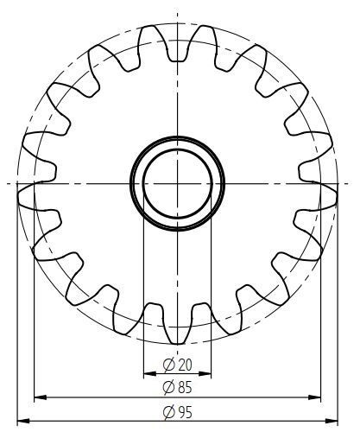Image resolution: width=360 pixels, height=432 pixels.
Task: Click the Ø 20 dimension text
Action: pyautogui.click(x=177, y=365)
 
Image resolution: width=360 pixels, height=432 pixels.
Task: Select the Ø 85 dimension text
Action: pyautogui.click(x=177, y=387)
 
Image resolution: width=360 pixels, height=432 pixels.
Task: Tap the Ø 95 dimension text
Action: pyautogui.click(x=177, y=412)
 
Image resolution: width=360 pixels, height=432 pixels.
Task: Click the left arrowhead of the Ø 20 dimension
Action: pyautogui.click(x=149, y=374)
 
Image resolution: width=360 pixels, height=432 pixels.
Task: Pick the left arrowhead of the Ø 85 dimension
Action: pyautogui.click(x=41, y=397)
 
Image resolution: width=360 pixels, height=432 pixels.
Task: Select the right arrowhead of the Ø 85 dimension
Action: pyautogui.click(x=314, y=397)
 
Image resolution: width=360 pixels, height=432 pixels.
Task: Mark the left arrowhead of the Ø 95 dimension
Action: pyautogui.click(x=23, y=421)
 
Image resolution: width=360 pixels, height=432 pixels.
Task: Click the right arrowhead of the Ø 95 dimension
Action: pyautogui.click(x=332, y=421)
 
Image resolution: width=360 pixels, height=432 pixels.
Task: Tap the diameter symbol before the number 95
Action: pyautogui.click(x=169, y=412)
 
